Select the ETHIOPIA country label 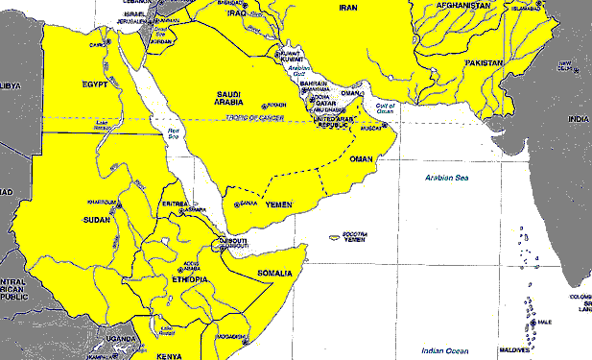coord(189,279)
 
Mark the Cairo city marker coord(107,43)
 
